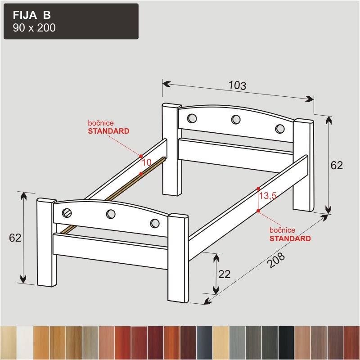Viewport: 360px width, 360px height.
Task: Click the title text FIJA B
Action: coord(31,15)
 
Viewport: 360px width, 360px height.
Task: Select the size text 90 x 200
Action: coord(34,28)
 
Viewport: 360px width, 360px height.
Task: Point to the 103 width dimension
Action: coord(238,85)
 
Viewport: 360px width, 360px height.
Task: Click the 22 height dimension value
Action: coord(224,274)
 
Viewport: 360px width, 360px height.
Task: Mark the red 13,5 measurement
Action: coord(268,196)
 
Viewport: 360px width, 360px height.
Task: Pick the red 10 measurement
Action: coord(147,162)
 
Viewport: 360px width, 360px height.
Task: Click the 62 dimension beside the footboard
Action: coord(15,238)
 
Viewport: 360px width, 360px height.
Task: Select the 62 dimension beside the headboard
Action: coord(337,165)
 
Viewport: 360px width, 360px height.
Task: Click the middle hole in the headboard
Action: coord(236,119)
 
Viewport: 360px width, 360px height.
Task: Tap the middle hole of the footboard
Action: coord(111,214)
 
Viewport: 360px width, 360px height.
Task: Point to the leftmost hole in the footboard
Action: coord(67,213)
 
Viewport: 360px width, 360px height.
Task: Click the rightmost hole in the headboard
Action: coord(279,129)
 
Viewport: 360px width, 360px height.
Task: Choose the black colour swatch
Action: coord(286,342)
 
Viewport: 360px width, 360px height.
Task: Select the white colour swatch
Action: coord(25,342)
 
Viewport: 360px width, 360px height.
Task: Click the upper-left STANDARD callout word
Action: coord(108,131)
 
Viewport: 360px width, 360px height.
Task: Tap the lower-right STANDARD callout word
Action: coord(290,238)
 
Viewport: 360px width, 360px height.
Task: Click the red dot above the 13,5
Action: coord(258,189)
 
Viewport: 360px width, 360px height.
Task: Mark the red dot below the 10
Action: coord(141,174)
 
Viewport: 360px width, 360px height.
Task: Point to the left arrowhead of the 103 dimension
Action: coord(166,84)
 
